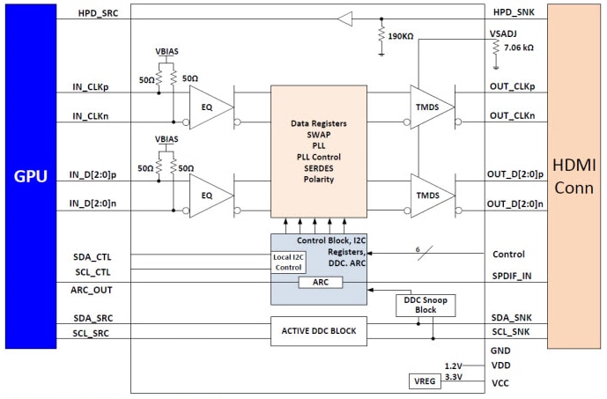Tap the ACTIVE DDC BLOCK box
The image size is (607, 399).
click(318, 331)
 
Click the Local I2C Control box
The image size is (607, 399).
click(289, 262)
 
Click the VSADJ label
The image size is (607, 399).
click(506, 32)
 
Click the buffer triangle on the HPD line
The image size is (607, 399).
click(344, 18)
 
